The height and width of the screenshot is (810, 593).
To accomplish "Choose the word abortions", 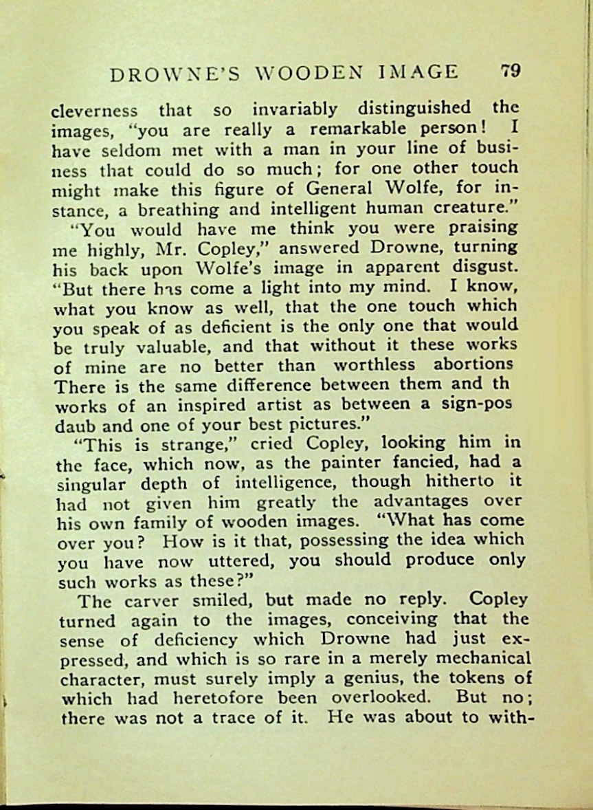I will (x=474, y=364).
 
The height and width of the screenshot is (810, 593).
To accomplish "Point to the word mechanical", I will (x=469, y=659).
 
